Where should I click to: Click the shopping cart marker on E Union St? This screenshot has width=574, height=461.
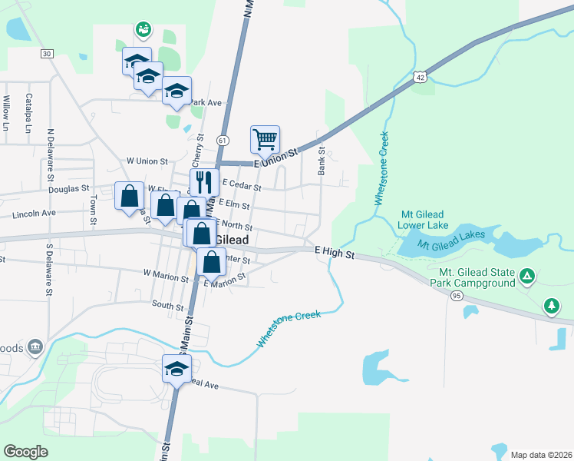point(265,140)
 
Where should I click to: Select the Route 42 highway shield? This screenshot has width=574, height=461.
point(419,77)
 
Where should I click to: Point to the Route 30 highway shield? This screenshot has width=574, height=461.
point(48,53)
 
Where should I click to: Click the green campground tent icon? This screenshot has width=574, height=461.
point(527,275)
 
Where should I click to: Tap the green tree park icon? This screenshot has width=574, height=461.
point(551,306)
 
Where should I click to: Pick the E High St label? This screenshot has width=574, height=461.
point(335,252)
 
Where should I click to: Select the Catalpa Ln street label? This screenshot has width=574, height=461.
point(27,112)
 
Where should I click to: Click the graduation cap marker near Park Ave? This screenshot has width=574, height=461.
point(176,91)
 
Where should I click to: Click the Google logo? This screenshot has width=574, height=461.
point(26,451)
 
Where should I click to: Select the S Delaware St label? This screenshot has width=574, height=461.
point(48,270)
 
